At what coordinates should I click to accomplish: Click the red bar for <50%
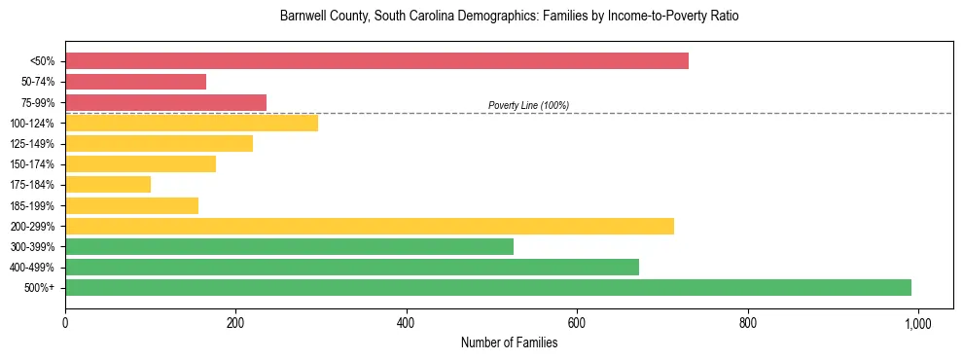point(376,61)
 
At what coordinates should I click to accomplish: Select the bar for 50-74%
point(135,82)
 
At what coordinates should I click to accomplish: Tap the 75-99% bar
point(165,102)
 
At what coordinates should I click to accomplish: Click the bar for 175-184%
point(108,185)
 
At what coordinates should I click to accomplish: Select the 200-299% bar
point(370,226)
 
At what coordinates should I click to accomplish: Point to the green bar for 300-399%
point(289,247)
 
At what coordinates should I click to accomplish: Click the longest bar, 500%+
point(488,288)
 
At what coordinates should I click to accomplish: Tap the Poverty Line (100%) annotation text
point(528,105)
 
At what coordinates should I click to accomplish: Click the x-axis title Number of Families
point(509,342)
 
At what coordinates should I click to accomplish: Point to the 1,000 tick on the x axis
point(917,322)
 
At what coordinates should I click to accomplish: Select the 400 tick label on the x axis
point(407,322)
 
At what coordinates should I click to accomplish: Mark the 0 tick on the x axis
point(65,322)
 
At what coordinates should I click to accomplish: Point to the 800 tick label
point(747,322)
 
